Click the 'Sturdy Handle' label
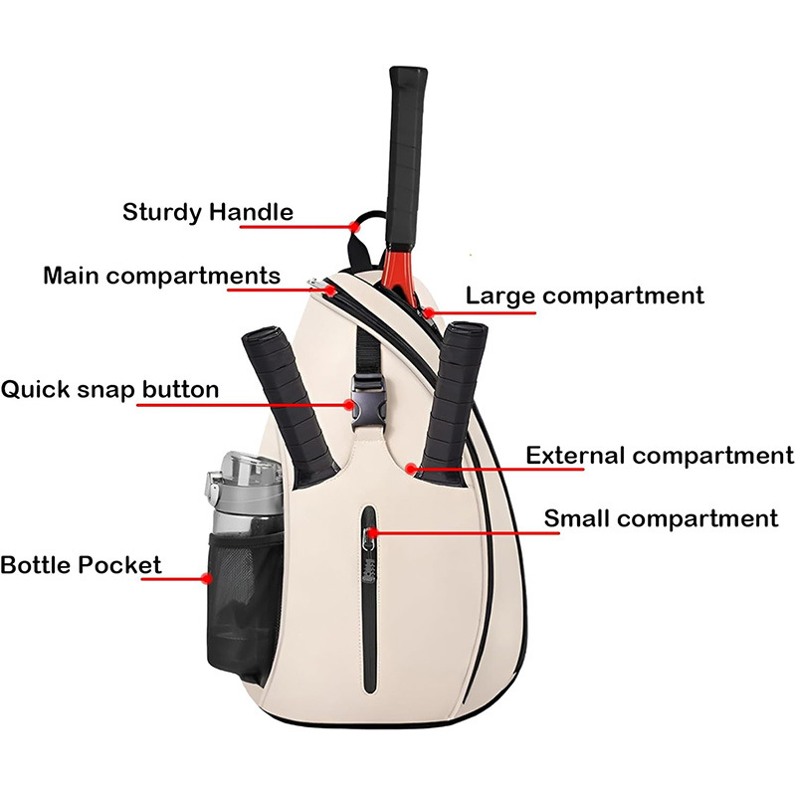coord(208,212)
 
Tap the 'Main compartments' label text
coord(161,276)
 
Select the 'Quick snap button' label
coord(109,388)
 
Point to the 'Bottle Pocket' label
coord(80,566)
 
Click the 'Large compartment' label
coord(585,296)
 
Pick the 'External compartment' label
coord(660,456)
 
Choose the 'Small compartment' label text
coord(661,518)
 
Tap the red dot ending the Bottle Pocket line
coord(206,577)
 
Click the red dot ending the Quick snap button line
coord(350,404)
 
